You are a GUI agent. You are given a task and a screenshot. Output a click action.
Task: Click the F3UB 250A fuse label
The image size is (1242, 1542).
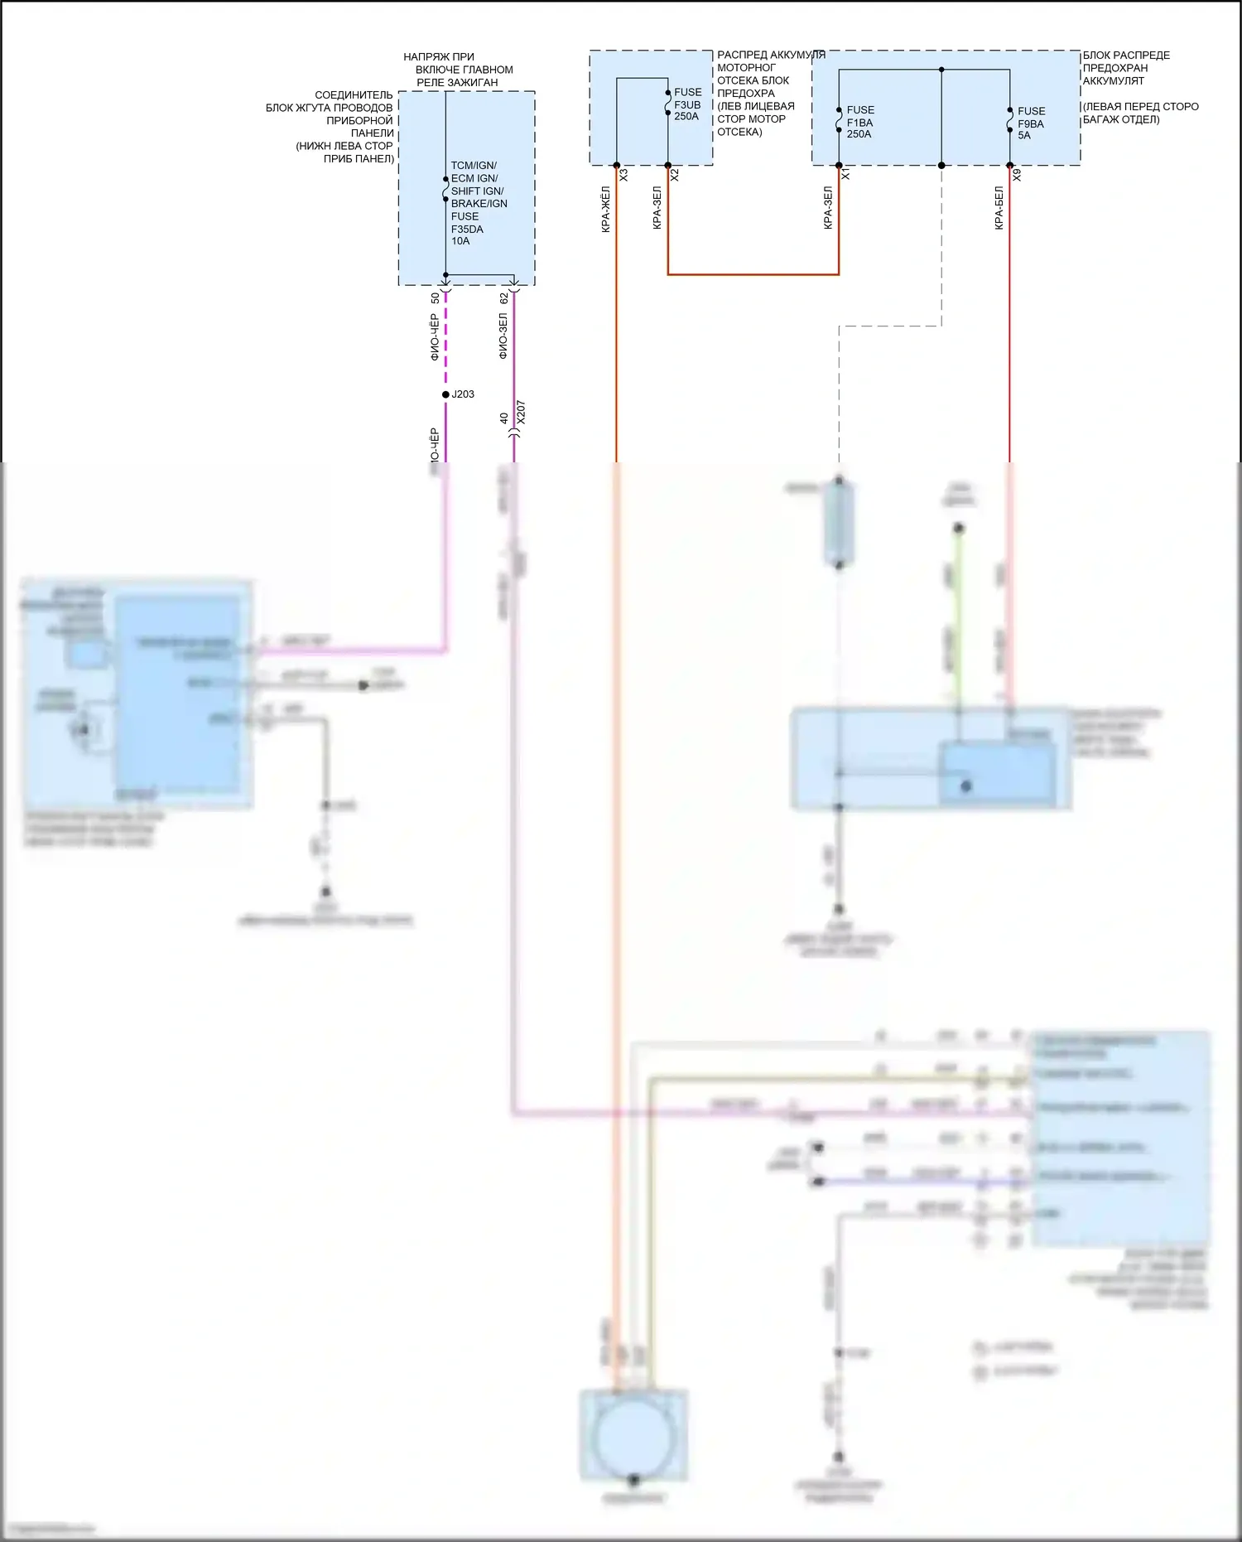[x=687, y=104]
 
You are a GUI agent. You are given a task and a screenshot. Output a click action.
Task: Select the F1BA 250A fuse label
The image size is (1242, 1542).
[x=859, y=122]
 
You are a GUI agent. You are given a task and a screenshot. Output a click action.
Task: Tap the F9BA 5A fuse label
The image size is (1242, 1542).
[x=1031, y=123]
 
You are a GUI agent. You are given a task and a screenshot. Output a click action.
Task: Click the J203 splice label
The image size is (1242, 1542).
[x=463, y=394]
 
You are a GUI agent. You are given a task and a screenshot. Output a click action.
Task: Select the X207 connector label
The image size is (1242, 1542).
[x=521, y=413]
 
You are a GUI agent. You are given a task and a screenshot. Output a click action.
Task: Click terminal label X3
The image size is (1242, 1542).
[x=624, y=176]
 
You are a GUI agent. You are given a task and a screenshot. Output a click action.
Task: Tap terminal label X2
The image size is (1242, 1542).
[x=675, y=176]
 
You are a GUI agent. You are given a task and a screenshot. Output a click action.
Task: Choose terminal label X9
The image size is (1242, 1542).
[x=1017, y=176]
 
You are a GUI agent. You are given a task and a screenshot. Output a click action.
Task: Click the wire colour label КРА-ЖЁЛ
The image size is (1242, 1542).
[x=606, y=210]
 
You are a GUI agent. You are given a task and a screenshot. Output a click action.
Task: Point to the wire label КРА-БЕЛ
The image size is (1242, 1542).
[x=999, y=208]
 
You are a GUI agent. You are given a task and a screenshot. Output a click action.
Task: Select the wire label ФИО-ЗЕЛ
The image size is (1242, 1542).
[x=503, y=336]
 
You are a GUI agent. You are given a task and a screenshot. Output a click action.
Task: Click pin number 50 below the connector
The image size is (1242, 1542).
[x=436, y=298]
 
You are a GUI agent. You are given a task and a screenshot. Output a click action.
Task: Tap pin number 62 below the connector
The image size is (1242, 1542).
[x=504, y=298]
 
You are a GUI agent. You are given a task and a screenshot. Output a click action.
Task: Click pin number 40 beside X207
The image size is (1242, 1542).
[x=504, y=418]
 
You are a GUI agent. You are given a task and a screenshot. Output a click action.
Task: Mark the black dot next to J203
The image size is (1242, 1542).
[x=445, y=394]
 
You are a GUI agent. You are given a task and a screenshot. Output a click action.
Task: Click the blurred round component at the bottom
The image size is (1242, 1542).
[x=633, y=1438]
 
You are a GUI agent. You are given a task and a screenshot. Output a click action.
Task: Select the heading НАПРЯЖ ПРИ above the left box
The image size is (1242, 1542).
[x=439, y=57]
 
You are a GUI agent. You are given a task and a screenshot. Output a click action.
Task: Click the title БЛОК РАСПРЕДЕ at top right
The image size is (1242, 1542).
[x=1126, y=56]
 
